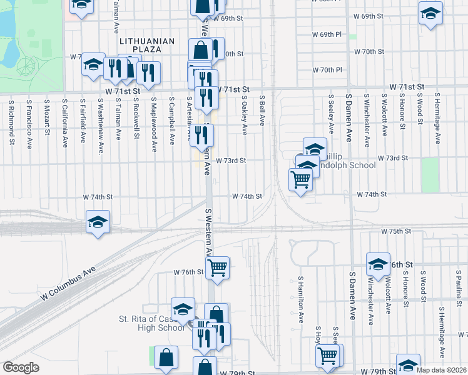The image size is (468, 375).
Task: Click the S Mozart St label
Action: pyautogui.click(x=47, y=116)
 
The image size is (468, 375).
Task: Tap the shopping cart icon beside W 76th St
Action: pyautogui.click(x=217, y=267)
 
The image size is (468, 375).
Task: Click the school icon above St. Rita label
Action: pyautogui.click(x=183, y=308)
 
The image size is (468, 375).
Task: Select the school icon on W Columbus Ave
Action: pyautogui.click(x=98, y=222)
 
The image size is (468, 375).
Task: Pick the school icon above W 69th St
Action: pyautogui.click(x=430, y=13)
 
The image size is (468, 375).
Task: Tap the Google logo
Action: pyautogui.click(x=21, y=367)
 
